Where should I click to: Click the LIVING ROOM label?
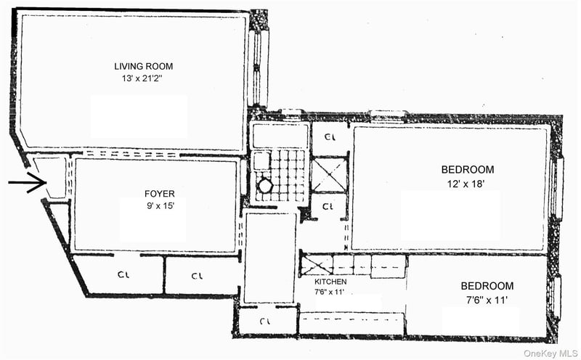tap(143, 66)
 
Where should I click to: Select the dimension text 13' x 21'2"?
tap(142, 78)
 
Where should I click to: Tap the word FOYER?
tap(160, 194)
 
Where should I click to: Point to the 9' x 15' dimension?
tap(161, 206)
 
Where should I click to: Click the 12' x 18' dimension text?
tap(466, 184)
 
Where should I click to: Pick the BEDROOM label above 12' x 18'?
tap(468, 170)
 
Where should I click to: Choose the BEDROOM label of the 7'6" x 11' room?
tap(487, 286)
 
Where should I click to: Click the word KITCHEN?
tap(330, 282)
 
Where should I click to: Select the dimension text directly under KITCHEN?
tap(329, 292)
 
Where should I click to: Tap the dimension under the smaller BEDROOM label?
tap(487, 300)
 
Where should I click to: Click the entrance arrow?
tap(27, 182)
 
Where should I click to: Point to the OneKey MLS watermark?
tap(550, 353)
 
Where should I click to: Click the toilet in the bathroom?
tap(265, 186)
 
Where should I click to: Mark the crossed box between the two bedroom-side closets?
tap(329, 175)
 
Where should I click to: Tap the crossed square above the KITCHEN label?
tap(316, 265)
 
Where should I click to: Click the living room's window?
tap(258, 69)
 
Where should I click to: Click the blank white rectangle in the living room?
tap(139, 117)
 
